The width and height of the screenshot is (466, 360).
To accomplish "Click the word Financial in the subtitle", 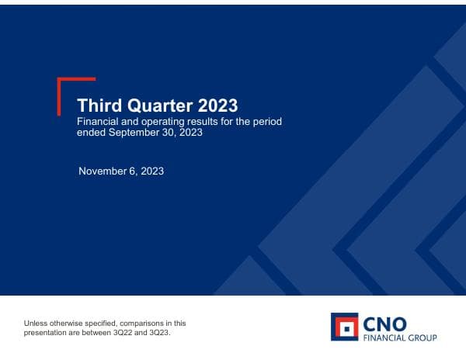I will [x=99, y=122].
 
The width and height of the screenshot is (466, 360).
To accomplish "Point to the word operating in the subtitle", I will [x=165, y=122].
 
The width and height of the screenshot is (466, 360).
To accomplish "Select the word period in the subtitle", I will [x=269, y=122].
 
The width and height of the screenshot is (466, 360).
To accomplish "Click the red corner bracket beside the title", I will [x=62, y=85].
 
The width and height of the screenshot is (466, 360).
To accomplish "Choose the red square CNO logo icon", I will [x=344, y=327].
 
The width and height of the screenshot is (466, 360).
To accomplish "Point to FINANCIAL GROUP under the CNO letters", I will [x=401, y=337].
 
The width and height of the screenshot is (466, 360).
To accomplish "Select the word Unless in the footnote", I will [x=36, y=323].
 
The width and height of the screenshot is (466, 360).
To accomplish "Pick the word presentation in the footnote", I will [x=46, y=332].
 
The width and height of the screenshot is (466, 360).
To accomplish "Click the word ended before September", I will [x=90, y=133].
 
